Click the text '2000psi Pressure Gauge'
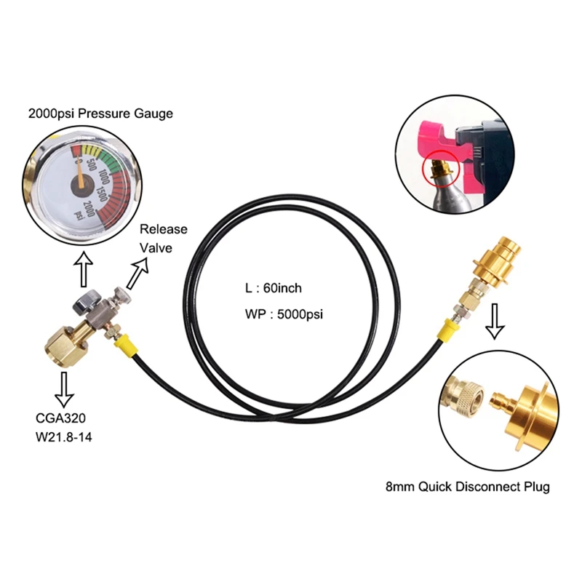coord(100,114)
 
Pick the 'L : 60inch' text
coord(273,289)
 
